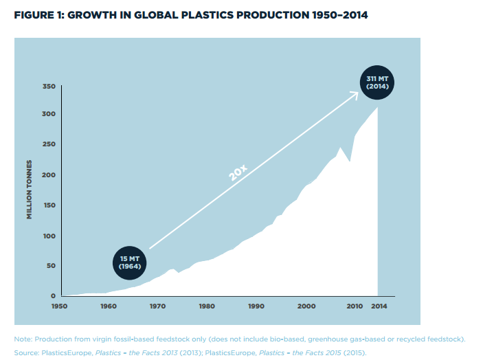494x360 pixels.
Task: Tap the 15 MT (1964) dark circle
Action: click(130, 262)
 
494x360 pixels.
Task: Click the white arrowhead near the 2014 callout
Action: click(355, 95)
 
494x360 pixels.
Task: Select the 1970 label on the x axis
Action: click(157, 306)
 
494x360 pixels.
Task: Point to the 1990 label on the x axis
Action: click(256, 306)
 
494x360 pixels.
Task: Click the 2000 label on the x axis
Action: click(306, 306)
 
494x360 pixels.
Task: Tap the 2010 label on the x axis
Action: click(355, 306)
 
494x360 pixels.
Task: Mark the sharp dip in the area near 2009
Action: click(350, 161)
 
